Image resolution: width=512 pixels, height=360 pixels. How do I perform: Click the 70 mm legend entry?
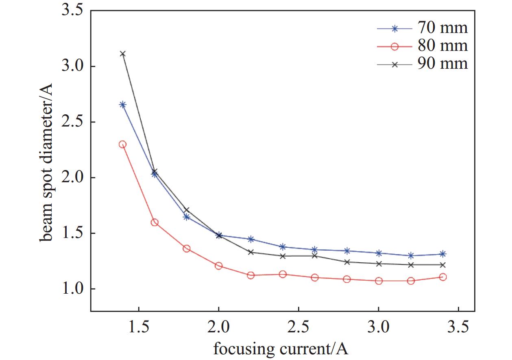442,28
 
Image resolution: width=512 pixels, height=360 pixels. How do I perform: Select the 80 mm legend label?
442,46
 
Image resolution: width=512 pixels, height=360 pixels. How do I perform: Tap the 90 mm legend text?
442,63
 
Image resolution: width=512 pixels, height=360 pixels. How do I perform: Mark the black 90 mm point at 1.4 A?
122,54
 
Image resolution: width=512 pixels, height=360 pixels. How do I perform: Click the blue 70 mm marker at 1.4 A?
122,105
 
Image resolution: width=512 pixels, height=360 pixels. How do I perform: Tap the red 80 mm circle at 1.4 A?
122,144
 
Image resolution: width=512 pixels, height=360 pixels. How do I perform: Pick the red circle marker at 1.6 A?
155,223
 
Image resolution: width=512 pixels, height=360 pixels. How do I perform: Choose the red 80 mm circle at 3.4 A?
443,277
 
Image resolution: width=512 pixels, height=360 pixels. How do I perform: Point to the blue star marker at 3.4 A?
443,254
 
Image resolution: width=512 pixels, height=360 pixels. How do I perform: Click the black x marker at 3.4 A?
443,265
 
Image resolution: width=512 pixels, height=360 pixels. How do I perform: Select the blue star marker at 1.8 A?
187,217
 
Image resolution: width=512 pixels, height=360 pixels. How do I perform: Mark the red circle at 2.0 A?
218,266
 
